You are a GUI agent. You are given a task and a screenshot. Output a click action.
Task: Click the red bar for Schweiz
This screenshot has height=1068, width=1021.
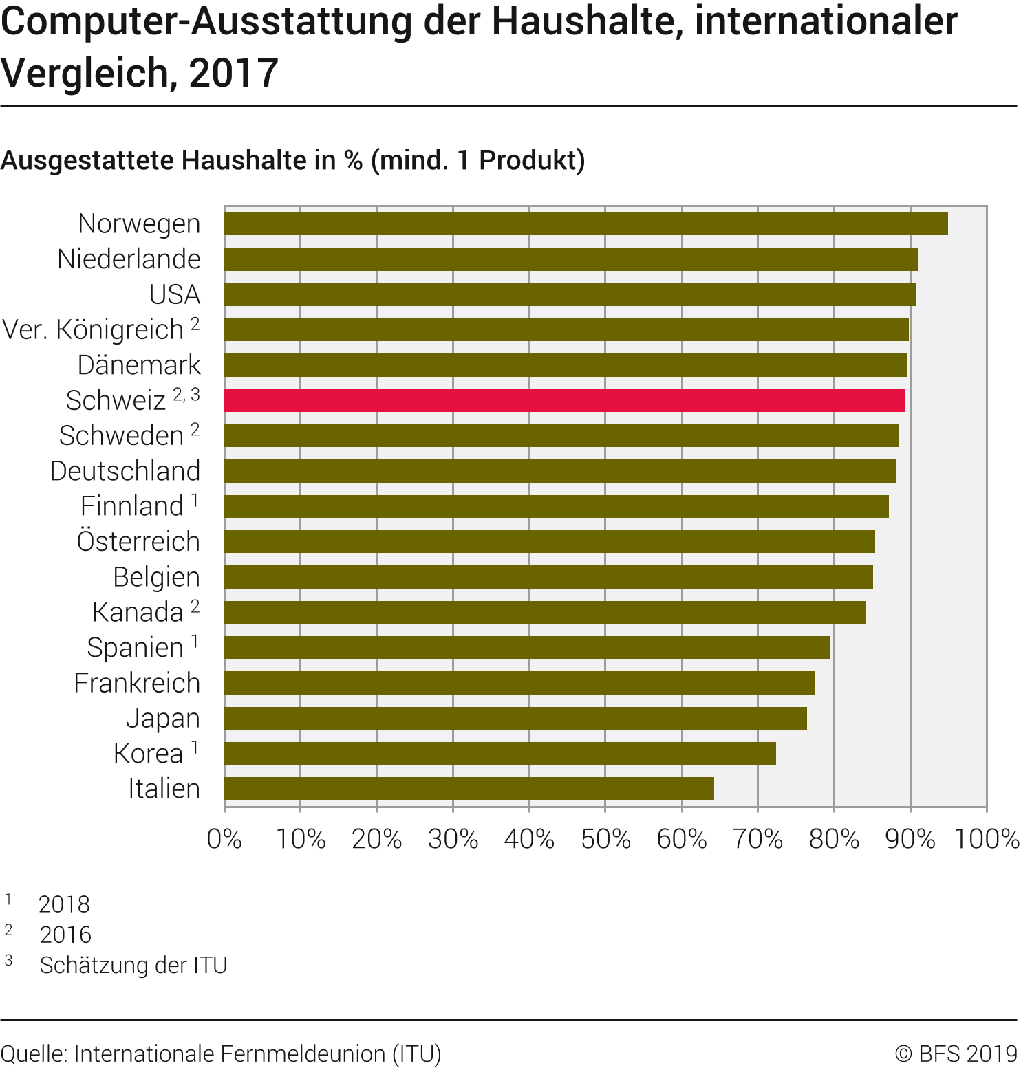pos(564,400)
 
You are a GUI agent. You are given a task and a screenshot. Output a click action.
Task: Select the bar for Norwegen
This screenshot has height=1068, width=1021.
pos(586,224)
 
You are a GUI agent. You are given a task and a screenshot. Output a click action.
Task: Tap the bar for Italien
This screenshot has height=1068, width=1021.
pos(469,789)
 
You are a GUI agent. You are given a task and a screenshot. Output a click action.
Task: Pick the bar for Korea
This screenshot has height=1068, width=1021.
pos(500,754)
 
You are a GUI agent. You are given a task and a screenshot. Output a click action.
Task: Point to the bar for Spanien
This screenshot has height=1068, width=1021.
pos(527,648)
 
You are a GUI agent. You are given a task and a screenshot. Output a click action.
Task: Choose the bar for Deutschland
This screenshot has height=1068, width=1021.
pos(560,471)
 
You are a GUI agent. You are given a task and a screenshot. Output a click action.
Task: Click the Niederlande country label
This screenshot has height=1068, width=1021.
pos(129,259)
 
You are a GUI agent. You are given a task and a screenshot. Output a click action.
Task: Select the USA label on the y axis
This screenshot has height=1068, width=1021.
pos(175,294)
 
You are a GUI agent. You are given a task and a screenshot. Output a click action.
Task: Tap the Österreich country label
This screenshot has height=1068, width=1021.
pos(138,542)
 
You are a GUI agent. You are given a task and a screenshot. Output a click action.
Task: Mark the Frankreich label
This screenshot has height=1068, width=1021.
pos(137,683)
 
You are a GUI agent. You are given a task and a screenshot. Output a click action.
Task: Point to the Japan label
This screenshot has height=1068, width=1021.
pos(163,718)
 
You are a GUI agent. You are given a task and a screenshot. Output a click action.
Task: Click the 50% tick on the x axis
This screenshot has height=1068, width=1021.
pos(605,839)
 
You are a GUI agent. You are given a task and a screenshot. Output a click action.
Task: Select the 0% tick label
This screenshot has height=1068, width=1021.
pos(224,839)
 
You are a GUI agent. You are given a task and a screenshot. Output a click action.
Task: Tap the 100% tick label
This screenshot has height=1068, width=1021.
pos(987,839)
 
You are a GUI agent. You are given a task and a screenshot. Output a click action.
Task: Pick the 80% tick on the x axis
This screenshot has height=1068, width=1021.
pos(834,839)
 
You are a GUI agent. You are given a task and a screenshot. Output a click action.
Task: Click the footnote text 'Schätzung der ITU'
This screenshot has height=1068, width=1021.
pos(133,965)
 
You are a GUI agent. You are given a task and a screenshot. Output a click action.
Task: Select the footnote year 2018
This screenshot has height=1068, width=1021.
pos(64,904)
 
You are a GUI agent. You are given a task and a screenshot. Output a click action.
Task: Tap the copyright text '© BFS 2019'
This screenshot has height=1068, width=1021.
pos(956,1054)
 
